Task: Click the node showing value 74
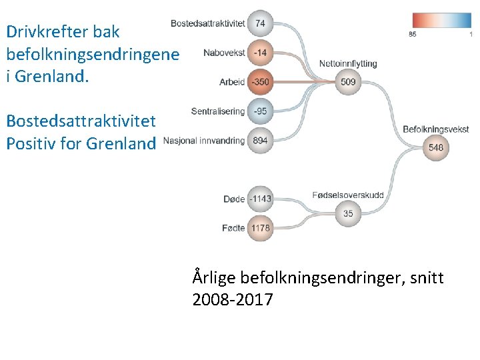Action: pyautogui.click(x=260, y=23)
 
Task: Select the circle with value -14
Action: pyautogui.click(x=260, y=52)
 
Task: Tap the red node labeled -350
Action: pyautogui.click(x=260, y=82)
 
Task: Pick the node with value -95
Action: pyautogui.click(x=260, y=111)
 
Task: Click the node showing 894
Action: pyautogui.click(x=260, y=141)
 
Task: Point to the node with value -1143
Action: pyautogui.click(x=260, y=199)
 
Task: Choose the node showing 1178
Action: pyautogui.click(x=260, y=228)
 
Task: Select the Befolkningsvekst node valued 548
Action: pyautogui.click(x=436, y=148)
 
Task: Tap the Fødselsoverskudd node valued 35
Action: pyautogui.click(x=348, y=213)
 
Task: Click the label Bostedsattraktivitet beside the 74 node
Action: pyautogui.click(x=208, y=23)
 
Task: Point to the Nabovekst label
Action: pyautogui.click(x=224, y=53)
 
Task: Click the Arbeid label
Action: pyautogui.click(x=232, y=83)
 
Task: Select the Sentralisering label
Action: pyautogui.click(x=218, y=111)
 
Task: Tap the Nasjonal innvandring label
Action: pyautogui.click(x=204, y=141)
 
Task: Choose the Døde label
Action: pyautogui.click(x=234, y=199)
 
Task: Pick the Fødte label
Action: pyautogui.click(x=233, y=229)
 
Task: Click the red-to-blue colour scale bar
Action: pyautogui.click(x=441, y=20)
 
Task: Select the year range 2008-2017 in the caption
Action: pyautogui.click(x=233, y=300)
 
